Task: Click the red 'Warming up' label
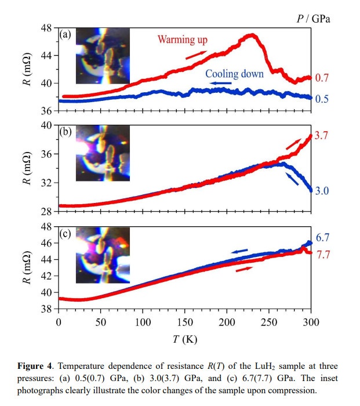[x=183, y=40]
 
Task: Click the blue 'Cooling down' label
[x=235, y=74]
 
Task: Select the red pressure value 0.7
[x=322, y=78]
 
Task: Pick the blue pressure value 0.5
[x=322, y=99]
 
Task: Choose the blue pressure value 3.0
[x=322, y=190]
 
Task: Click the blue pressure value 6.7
[x=322, y=238]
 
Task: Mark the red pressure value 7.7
[x=322, y=255]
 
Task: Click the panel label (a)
[x=66, y=35]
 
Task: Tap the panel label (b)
[x=66, y=132]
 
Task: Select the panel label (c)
[x=66, y=234]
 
